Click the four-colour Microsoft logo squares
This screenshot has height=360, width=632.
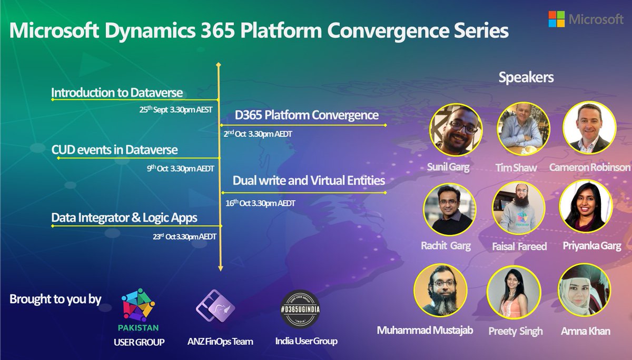[556, 19]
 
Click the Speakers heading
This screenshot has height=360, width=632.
[526, 77]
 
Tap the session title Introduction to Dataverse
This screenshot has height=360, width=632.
[117, 93]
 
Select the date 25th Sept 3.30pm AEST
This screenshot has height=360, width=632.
[175, 109]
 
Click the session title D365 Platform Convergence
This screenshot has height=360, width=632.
[307, 115]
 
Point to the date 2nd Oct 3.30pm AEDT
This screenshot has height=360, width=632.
[258, 133]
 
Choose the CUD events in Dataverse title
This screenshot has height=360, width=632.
[114, 149]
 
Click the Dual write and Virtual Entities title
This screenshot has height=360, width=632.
[309, 181]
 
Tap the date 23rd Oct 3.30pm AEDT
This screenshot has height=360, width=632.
[184, 236]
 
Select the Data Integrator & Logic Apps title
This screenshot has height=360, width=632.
[124, 218]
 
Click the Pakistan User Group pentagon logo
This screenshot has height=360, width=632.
[138, 305]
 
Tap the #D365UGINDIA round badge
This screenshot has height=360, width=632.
[300, 309]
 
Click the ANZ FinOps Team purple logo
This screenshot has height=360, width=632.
[215, 306]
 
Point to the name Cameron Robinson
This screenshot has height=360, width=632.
[590, 167]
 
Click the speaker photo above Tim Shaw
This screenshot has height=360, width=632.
[524, 129]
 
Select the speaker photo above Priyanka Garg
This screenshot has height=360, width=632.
[586, 207]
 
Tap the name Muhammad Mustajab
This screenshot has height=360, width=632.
[425, 330]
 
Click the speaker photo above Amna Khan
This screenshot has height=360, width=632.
[584, 290]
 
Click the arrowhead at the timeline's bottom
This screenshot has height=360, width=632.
[221, 268]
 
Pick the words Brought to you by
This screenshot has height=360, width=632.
[55, 299]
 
